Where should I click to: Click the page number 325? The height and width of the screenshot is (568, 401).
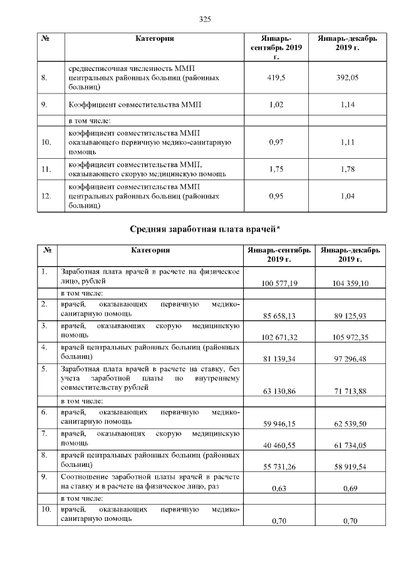tap(204, 19)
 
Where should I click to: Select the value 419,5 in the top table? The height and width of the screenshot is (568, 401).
tap(276, 78)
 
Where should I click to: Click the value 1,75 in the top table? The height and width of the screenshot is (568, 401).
tap(276, 169)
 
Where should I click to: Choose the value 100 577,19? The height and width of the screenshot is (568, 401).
tap(279, 284)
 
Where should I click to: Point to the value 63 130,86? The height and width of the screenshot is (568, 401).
tap(279, 390)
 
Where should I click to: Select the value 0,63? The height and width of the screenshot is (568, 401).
tap(279, 488)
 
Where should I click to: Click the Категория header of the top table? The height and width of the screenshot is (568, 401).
tap(154, 39)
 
